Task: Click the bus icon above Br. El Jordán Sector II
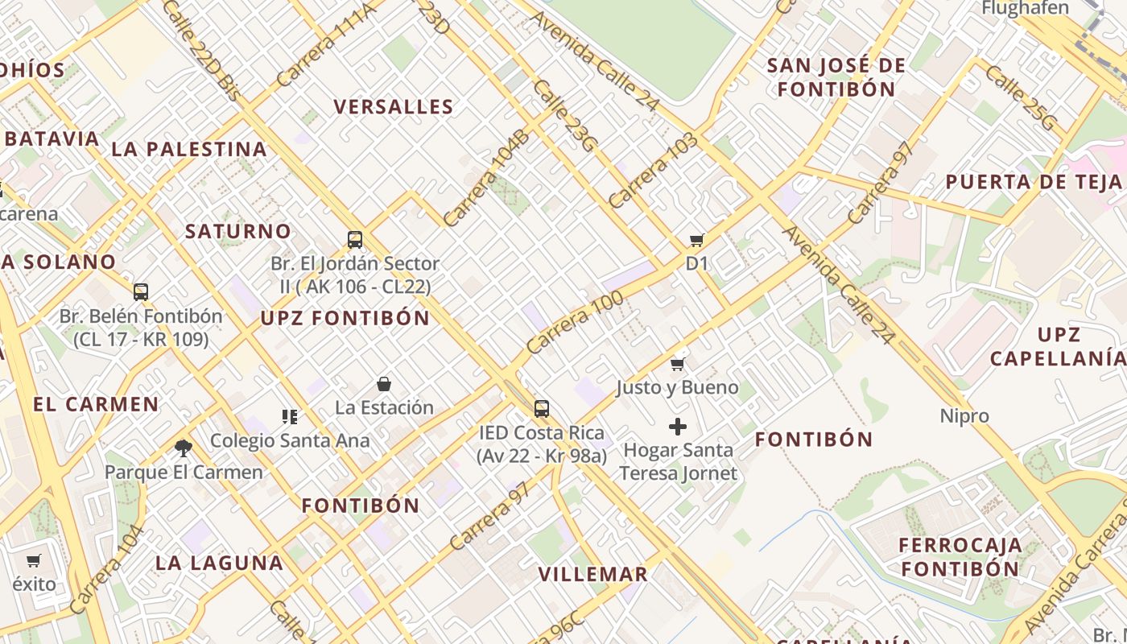point(355,239)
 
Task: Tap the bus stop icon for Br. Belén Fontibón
point(141,291)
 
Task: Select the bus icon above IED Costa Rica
point(542,408)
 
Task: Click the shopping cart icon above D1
point(697,240)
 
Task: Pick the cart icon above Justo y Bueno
point(678,364)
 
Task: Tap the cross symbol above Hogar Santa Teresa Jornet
point(678,426)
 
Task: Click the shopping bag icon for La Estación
point(384,384)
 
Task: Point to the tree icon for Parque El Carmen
point(184,448)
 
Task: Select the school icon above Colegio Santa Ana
point(290,417)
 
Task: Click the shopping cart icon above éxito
point(34,560)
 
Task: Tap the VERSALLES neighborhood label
point(394,107)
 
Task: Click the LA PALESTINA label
point(189,149)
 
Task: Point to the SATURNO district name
point(238,232)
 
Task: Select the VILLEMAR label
point(592,574)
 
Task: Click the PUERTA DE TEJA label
point(1034,182)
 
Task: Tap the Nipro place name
point(964,416)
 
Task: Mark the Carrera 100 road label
point(575,324)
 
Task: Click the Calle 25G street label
point(1019,98)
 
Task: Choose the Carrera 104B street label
point(486,177)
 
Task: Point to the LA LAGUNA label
point(219,563)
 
